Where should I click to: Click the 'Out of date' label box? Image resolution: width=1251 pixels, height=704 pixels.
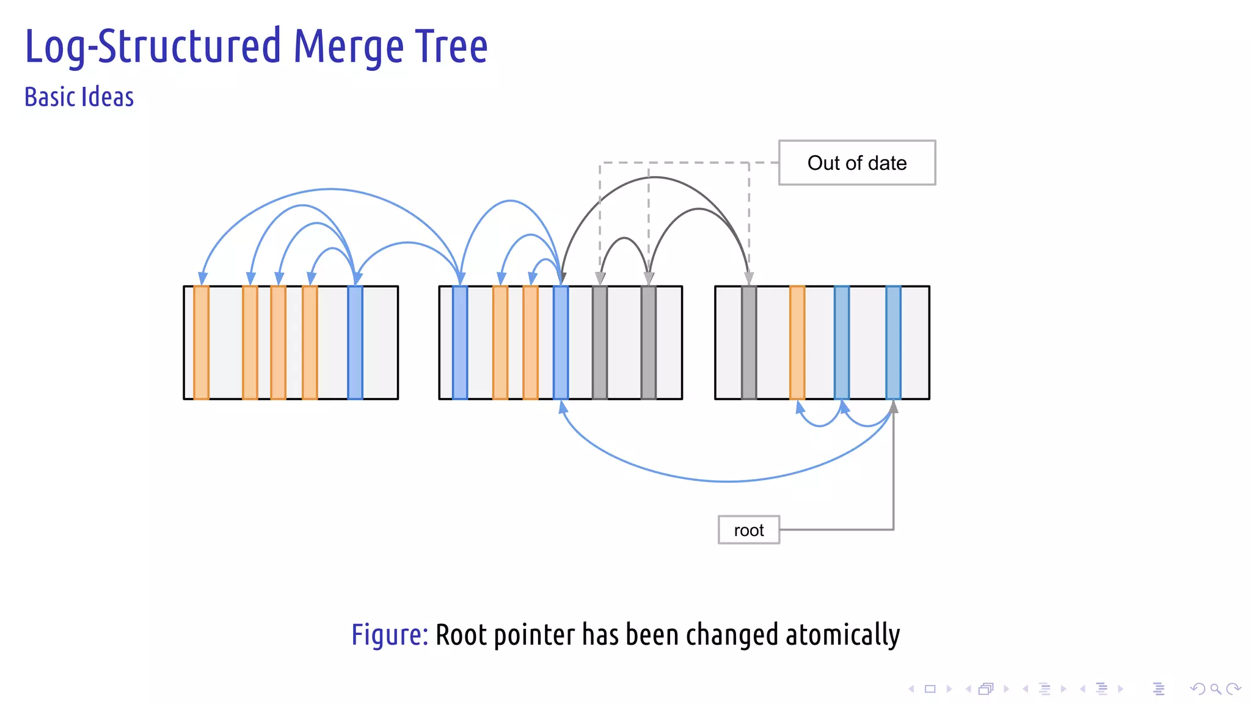pyautogui.click(x=856, y=163)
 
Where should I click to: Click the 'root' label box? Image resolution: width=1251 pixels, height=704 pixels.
pyautogui.click(x=748, y=530)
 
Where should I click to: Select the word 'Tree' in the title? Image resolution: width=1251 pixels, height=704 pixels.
pyautogui.click(x=452, y=47)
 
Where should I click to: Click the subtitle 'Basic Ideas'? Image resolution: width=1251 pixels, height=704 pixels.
pyautogui.click(x=79, y=97)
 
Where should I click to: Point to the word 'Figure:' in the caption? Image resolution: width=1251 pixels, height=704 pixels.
pyautogui.click(x=389, y=634)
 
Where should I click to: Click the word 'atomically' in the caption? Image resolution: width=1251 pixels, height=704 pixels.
pyautogui.click(x=842, y=634)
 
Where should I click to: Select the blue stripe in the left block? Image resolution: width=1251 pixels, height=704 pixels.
pyautogui.click(x=355, y=342)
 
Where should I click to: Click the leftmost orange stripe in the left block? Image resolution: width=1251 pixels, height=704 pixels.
pyautogui.click(x=201, y=342)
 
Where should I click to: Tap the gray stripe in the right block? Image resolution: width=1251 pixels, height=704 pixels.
pyautogui.click(x=749, y=342)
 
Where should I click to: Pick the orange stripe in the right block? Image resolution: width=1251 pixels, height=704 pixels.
pyautogui.click(x=797, y=342)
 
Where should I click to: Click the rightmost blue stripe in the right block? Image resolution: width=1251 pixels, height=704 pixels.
pyautogui.click(x=893, y=342)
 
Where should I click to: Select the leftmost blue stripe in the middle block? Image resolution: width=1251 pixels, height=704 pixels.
pyautogui.click(x=460, y=342)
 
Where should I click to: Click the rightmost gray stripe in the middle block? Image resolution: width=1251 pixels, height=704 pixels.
pyautogui.click(x=649, y=342)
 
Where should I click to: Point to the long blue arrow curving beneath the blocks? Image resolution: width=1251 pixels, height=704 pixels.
pyautogui.click(x=727, y=481)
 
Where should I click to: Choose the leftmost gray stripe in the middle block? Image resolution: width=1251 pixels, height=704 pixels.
pyautogui.click(x=600, y=342)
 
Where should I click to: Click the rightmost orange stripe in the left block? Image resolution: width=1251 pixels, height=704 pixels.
pyautogui.click(x=310, y=342)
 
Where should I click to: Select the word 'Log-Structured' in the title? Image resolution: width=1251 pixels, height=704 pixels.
pyautogui.click(x=153, y=47)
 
